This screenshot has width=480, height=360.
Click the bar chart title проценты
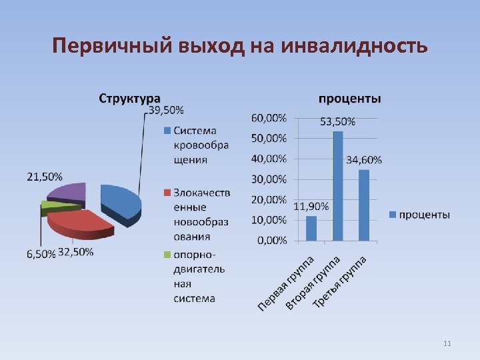[350, 99]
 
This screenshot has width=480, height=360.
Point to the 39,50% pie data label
[166, 109]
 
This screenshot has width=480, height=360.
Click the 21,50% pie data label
[45, 177]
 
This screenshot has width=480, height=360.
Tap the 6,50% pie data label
[41, 254]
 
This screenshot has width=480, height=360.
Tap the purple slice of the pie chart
[69, 192]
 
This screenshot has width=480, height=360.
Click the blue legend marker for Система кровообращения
[167, 130]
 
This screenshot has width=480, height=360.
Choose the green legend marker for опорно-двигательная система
[167, 255]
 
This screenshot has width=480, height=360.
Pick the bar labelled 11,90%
[311, 228]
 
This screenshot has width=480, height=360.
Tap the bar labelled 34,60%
[363, 205]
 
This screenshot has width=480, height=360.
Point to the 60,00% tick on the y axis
[269, 118]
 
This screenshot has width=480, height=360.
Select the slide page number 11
[447, 343]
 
